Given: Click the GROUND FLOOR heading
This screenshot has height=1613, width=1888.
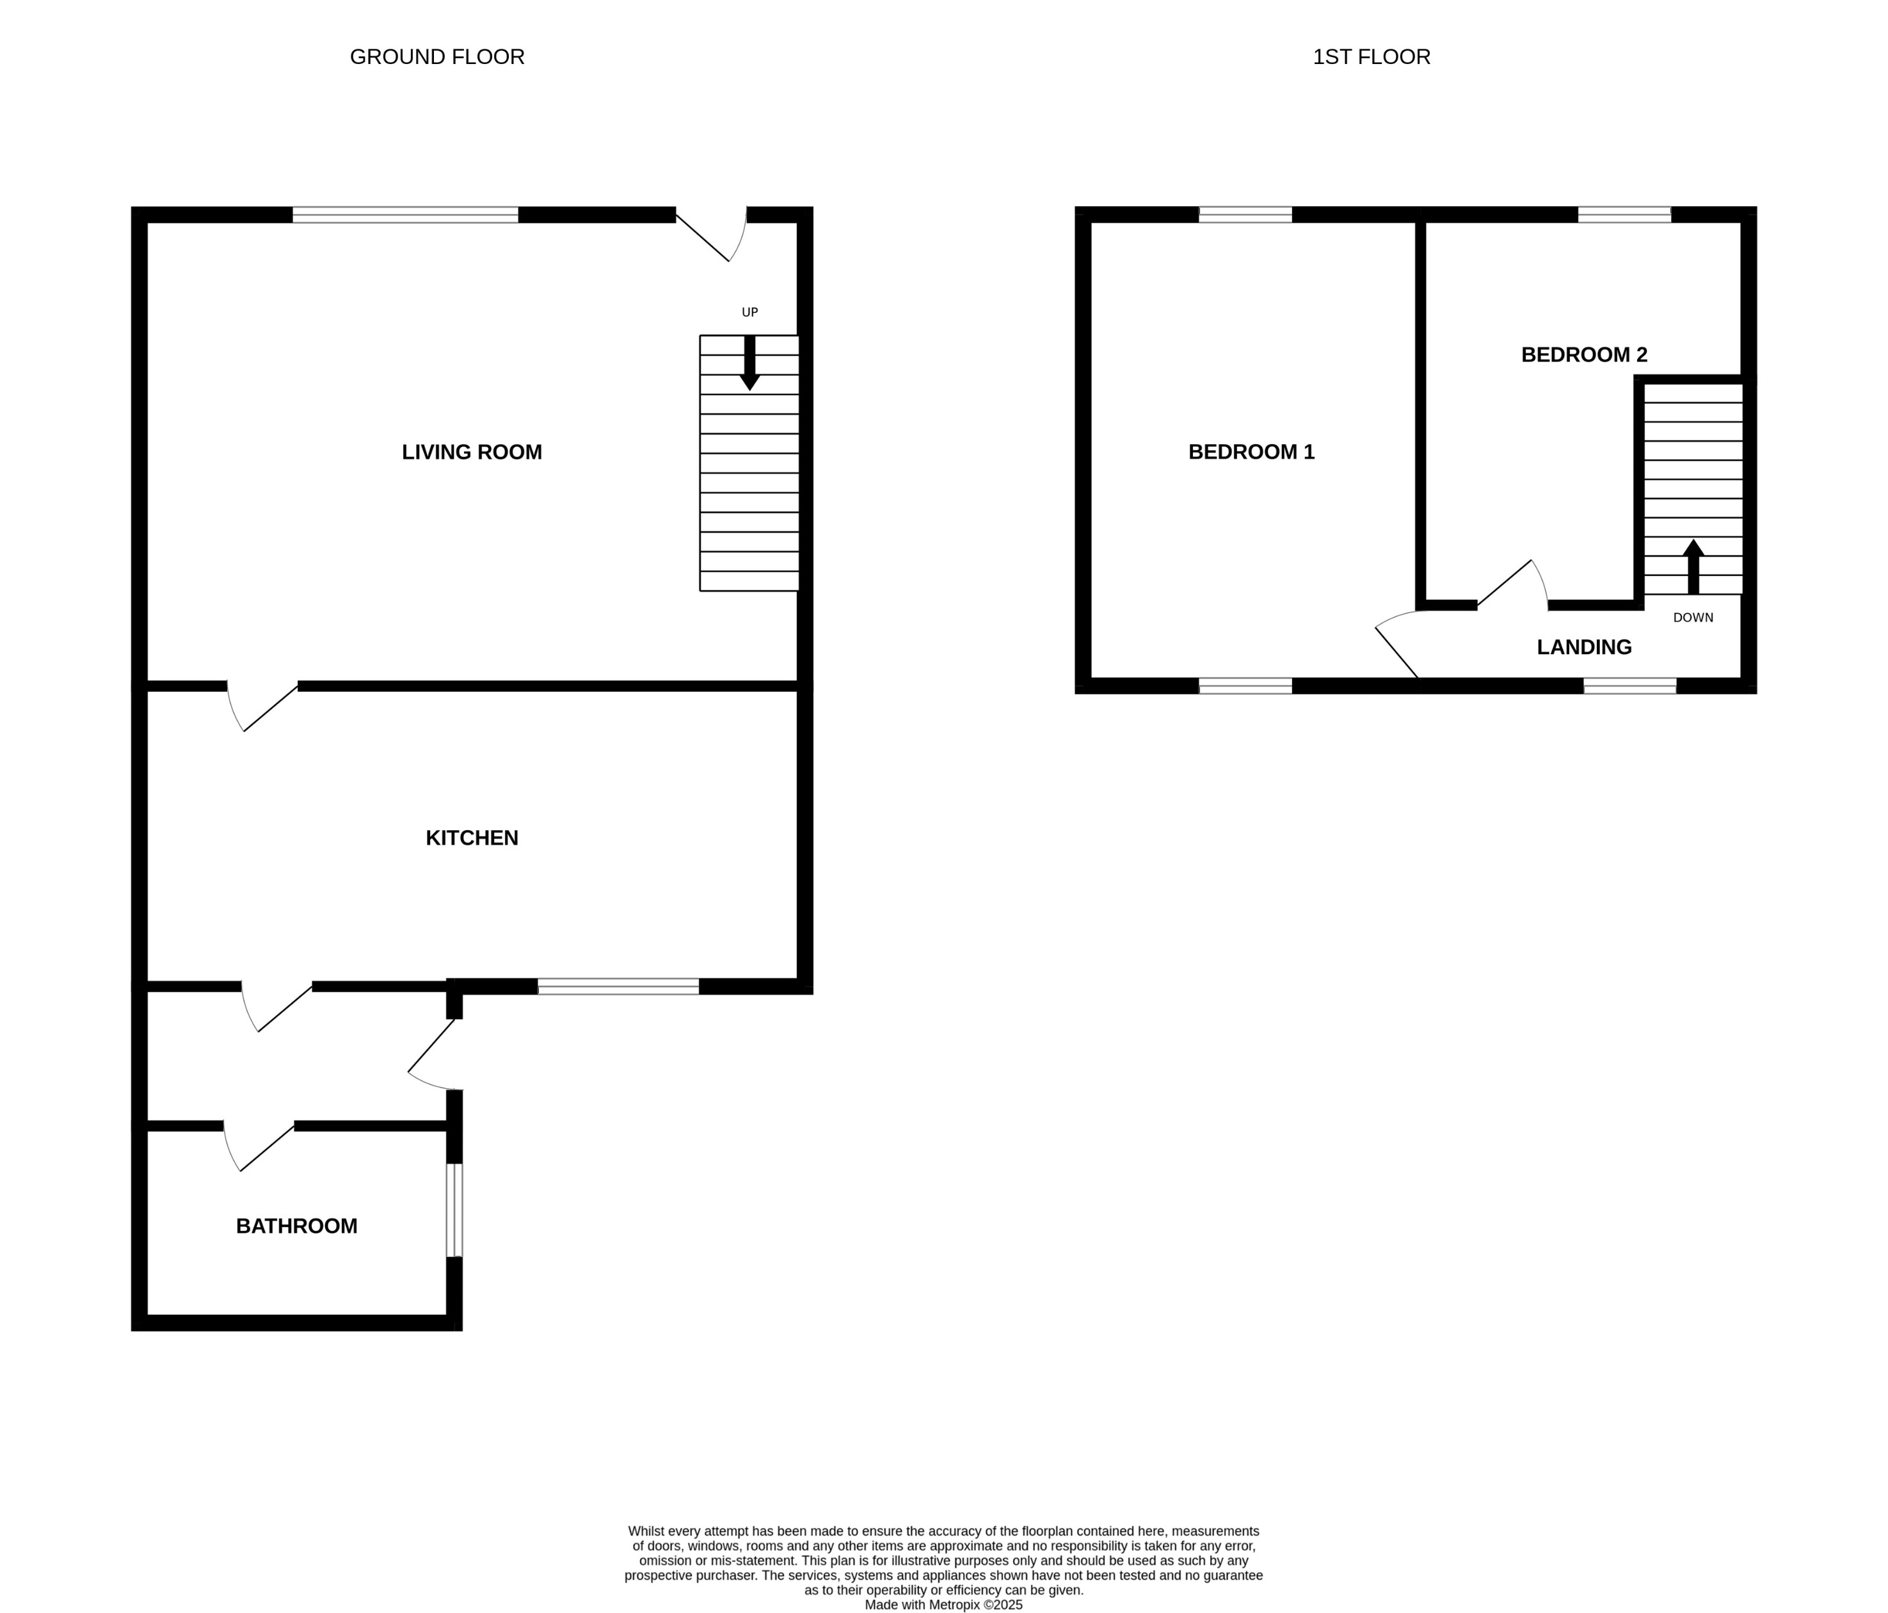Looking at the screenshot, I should click(436, 56).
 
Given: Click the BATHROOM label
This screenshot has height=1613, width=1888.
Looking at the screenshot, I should click(296, 1226).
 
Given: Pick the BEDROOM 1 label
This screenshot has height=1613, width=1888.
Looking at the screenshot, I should click(1251, 452).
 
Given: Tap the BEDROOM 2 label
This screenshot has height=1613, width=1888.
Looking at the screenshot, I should click(1583, 355).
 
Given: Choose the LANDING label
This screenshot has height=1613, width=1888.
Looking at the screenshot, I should click(1583, 647).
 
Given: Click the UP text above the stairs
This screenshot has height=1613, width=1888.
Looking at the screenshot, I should click(749, 312).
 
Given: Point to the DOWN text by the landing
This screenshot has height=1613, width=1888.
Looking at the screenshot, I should click(1693, 618).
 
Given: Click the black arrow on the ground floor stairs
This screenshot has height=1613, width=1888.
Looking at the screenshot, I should click(749, 364).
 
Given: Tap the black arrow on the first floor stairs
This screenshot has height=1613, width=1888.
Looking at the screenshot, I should click(1693, 567).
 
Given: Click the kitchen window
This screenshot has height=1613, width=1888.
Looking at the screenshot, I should click(618, 986).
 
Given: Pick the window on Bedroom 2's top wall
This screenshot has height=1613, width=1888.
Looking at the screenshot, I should click(1624, 215).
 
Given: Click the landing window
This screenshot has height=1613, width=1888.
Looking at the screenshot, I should click(1629, 686).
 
